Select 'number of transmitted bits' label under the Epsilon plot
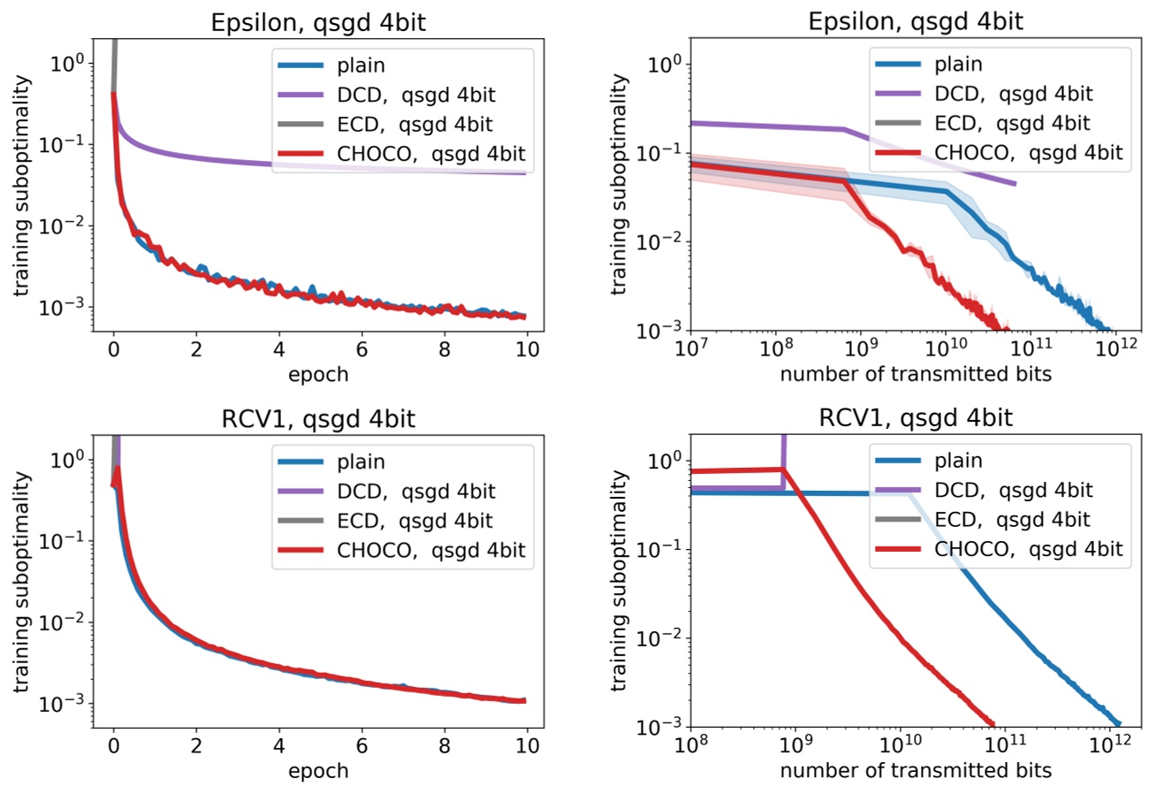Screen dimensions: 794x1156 pyautogui.click(x=915, y=374)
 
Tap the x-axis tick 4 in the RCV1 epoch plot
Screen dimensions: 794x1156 pyautogui.click(x=278, y=742)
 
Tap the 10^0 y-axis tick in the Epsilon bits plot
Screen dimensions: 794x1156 pyautogui.click(x=658, y=65)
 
